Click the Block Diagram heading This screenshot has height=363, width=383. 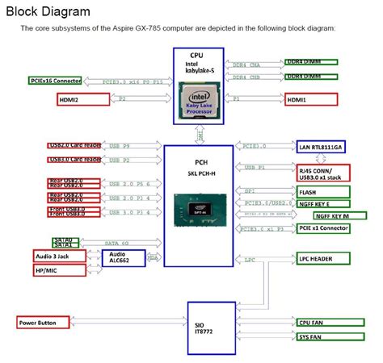(49, 12)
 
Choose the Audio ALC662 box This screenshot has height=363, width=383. (122, 258)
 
